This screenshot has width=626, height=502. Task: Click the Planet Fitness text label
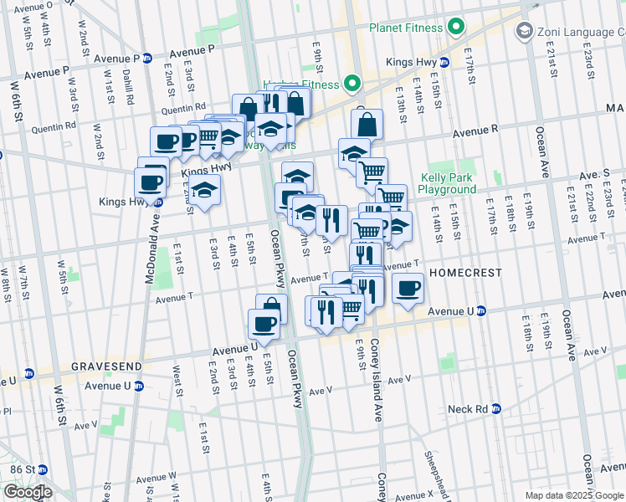pyautogui.click(x=406, y=28)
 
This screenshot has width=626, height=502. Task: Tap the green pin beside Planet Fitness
pyautogui.click(x=456, y=28)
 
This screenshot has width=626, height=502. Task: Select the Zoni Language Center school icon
pyautogui.click(x=525, y=32)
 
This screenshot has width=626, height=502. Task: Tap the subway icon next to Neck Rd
pyautogui.click(x=495, y=409)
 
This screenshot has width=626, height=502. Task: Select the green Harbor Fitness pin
pyautogui.click(x=352, y=84)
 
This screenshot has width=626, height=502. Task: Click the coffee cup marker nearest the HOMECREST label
pyautogui.click(x=407, y=289)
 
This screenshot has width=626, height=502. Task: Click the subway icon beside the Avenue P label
pyautogui.click(x=148, y=59)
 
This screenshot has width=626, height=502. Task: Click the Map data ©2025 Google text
pyautogui.click(x=575, y=495)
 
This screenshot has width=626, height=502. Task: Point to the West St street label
pyautogui.click(x=177, y=376)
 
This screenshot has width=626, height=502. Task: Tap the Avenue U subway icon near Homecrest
pyautogui.click(x=481, y=311)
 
